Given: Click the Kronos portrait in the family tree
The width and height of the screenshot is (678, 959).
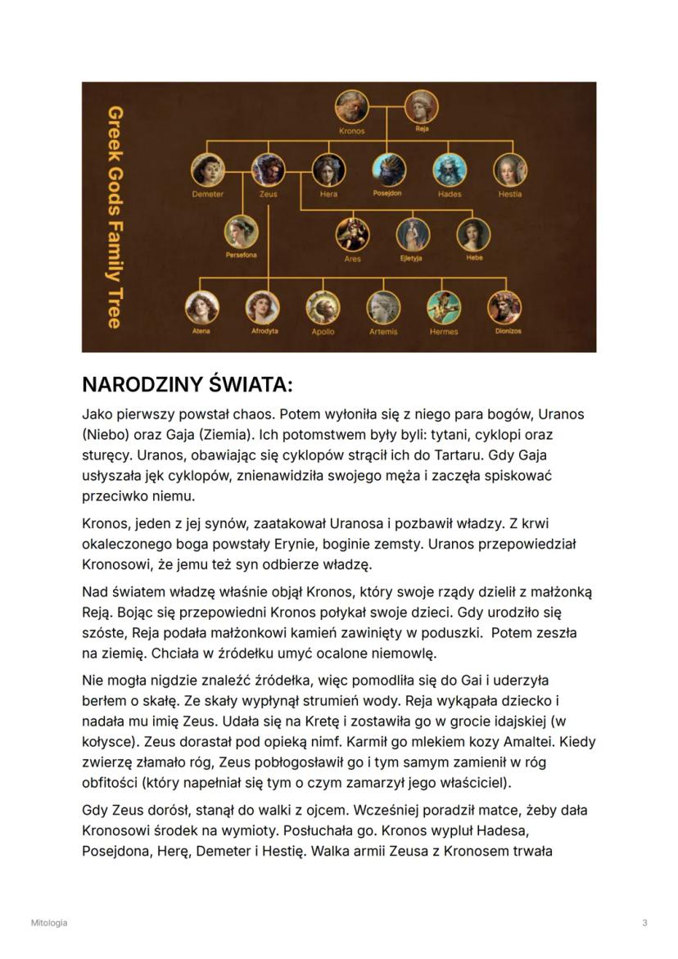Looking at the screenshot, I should click(x=352, y=106).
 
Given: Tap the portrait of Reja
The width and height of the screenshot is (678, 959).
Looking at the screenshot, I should click(x=422, y=106).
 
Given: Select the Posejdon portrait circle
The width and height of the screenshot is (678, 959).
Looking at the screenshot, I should click(x=389, y=170).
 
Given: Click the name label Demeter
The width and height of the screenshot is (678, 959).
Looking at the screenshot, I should click(x=208, y=194).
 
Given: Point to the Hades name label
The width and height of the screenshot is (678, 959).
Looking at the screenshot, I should click(x=450, y=194).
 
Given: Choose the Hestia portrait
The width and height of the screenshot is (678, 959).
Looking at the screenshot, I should click(x=510, y=170).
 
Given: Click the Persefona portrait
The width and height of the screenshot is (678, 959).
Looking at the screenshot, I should click(x=242, y=232).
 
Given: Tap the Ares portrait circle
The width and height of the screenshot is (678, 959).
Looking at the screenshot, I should click(x=352, y=234).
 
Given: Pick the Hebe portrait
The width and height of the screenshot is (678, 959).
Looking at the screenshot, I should click(x=473, y=234).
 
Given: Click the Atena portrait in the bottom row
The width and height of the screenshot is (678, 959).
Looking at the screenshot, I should click(x=201, y=307).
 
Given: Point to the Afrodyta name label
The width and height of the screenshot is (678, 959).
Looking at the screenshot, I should click(x=264, y=332).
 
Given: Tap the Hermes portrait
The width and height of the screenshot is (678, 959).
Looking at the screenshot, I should click(x=444, y=307).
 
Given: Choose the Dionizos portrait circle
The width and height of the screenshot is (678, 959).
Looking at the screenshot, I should click(x=504, y=307).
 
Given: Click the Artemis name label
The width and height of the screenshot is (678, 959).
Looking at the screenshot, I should click(x=383, y=332).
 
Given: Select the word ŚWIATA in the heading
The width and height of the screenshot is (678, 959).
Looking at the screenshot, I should click(x=248, y=384).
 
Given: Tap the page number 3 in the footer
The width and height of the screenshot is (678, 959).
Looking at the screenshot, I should click(x=644, y=923).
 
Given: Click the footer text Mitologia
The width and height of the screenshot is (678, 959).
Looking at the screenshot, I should click(x=49, y=923).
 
